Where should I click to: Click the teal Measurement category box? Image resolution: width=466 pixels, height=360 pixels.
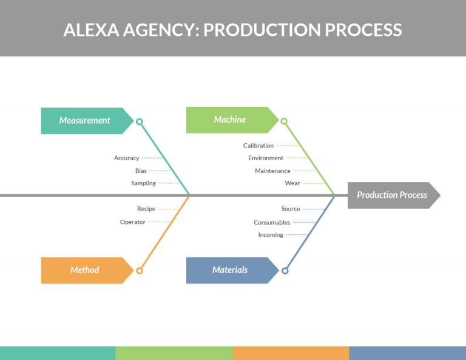(x=86, y=121)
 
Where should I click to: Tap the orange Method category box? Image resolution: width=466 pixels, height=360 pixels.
(x=86, y=270)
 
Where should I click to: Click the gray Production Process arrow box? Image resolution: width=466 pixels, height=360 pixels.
(x=392, y=195)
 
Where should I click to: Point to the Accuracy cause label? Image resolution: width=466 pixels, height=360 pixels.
(x=126, y=158)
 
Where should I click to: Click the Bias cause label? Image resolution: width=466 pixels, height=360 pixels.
(x=141, y=171)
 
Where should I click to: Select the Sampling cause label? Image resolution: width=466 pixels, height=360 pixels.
(x=143, y=183)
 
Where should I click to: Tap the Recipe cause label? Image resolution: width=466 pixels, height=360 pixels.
(x=146, y=209)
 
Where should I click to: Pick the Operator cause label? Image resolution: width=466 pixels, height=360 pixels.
(x=133, y=222)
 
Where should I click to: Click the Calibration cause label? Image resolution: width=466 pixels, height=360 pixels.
(x=258, y=146)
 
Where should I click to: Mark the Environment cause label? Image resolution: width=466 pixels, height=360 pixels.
(x=266, y=158)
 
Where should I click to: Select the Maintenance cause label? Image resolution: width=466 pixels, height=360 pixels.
(x=272, y=171)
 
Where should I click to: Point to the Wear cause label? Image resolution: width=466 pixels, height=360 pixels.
(x=292, y=183)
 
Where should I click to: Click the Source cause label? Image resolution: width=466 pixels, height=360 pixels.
(x=291, y=209)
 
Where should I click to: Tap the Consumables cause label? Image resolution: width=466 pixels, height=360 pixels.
(x=272, y=222)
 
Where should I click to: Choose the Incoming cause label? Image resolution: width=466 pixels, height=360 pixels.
(x=271, y=235)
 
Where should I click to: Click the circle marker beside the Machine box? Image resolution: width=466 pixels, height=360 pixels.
(x=285, y=121)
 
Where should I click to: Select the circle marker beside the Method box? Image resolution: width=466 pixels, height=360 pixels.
(x=140, y=271)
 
